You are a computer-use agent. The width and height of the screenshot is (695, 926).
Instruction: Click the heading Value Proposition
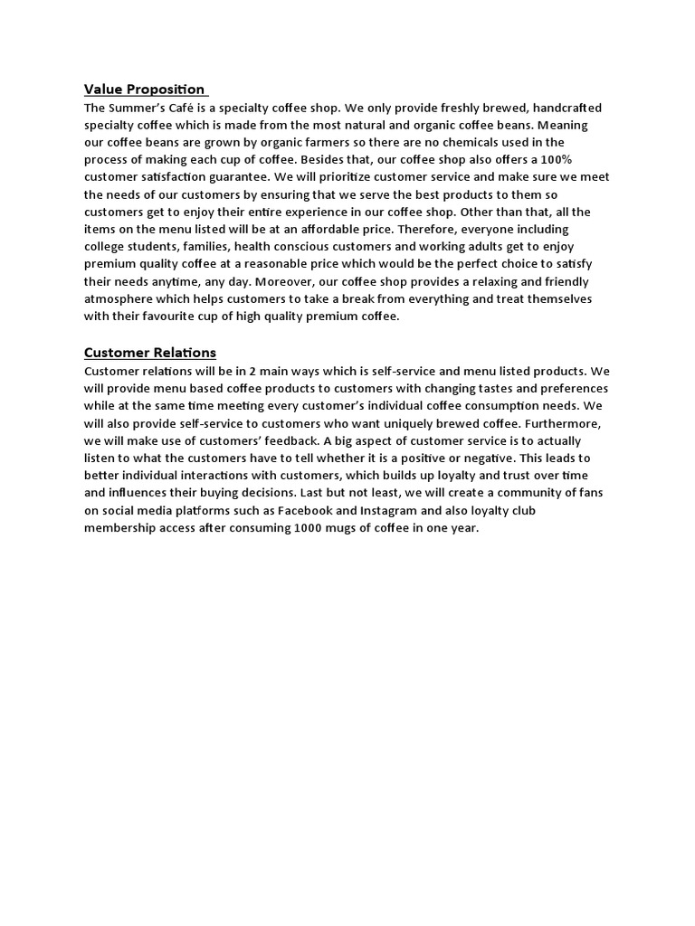point(144,89)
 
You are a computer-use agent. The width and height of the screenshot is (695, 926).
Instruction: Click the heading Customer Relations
point(150,352)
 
